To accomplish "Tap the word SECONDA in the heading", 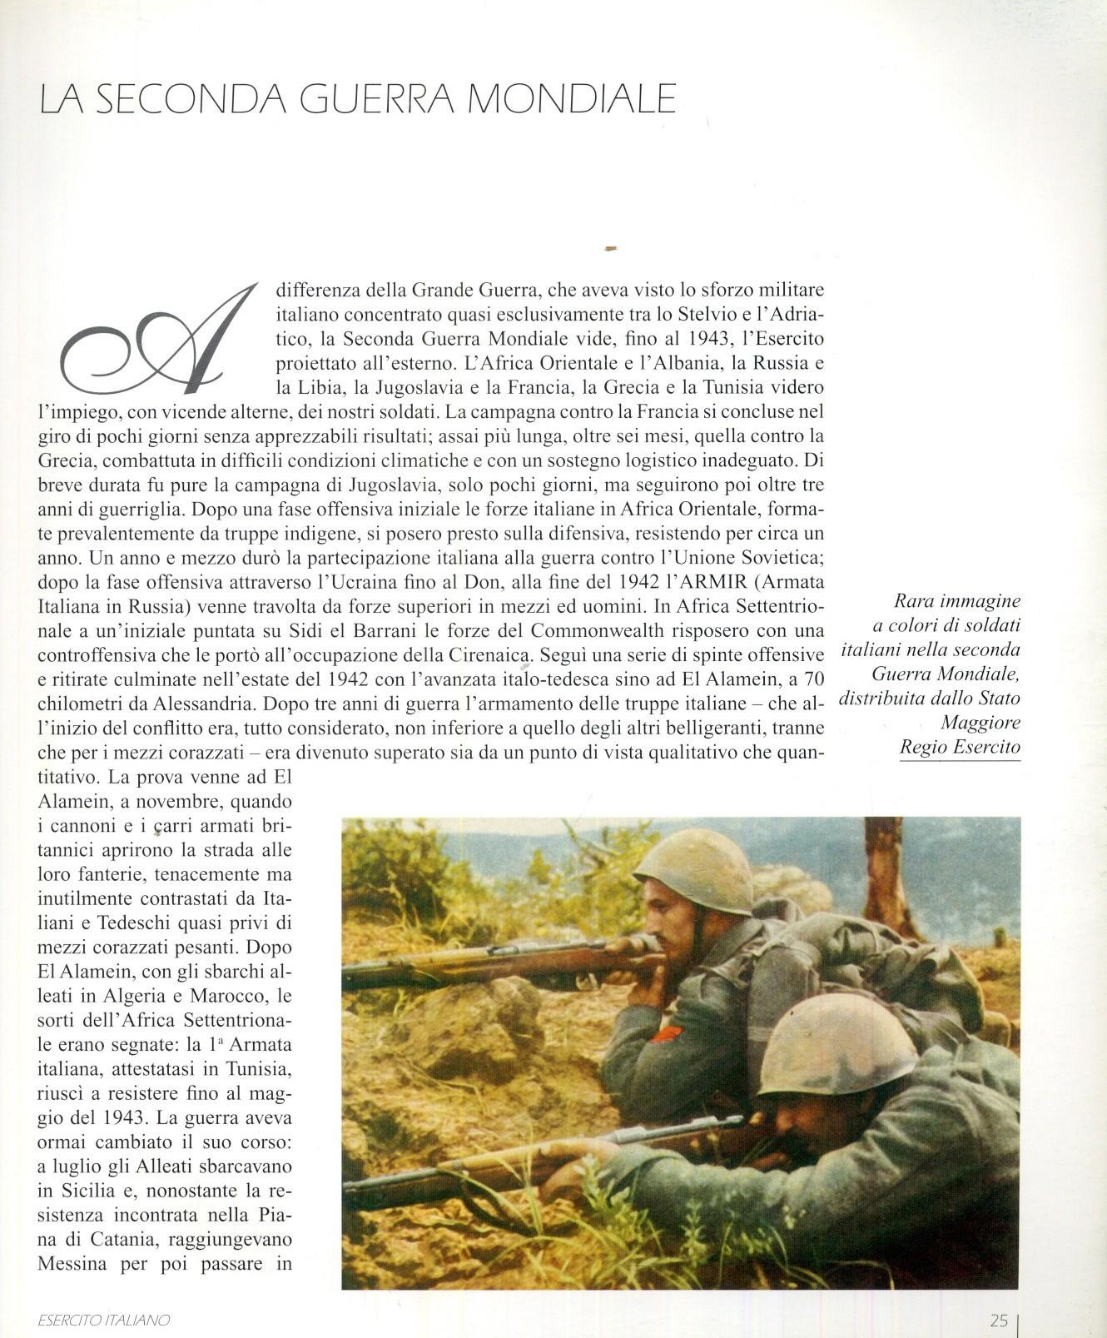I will click(x=191, y=99).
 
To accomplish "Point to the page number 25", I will click(x=999, y=1320).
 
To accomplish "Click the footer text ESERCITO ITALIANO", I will click(x=104, y=1320).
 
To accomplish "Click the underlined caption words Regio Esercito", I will click(x=960, y=747).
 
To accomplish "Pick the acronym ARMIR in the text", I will click(x=710, y=581).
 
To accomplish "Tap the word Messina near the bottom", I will click(x=72, y=1263).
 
